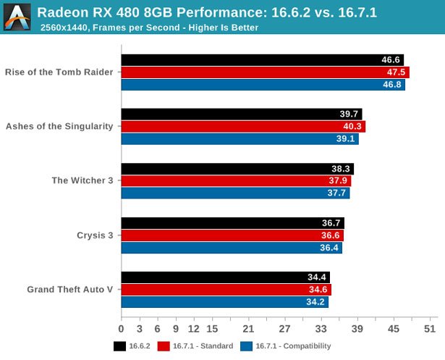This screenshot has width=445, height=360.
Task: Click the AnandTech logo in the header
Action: [x=17, y=17]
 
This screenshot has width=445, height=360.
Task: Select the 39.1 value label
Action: [x=346, y=139]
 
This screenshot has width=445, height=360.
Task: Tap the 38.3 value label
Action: [x=341, y=169]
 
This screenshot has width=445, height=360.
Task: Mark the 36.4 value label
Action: [x=330, y=248]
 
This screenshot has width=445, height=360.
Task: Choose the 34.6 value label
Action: [x=318, y=290]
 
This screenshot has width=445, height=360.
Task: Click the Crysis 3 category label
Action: [x=95, y=235]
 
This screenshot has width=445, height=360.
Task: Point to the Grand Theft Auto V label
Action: [x=70, y=290]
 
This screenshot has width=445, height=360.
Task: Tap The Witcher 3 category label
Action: [x=82, y=181]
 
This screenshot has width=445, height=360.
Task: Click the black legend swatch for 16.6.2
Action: [x=119, y=346]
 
